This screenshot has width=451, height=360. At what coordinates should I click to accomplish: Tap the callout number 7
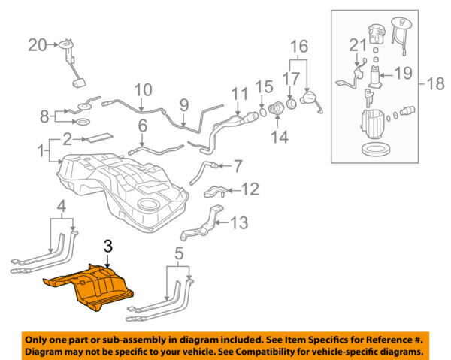point(238,165)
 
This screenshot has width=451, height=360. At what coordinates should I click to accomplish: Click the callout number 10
point(143,92)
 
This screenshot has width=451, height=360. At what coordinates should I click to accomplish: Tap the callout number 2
point(67,138)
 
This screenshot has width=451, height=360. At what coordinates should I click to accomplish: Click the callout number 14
point(280,138)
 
